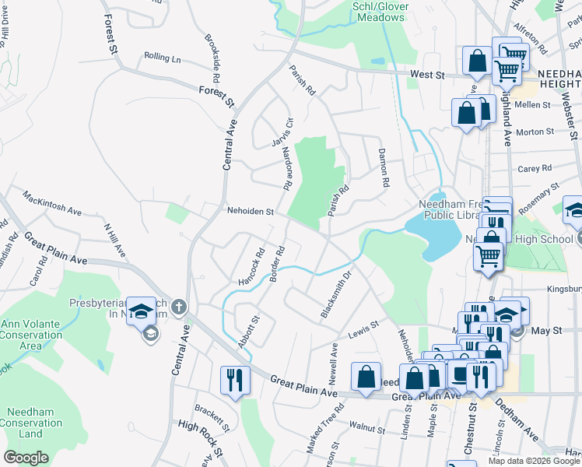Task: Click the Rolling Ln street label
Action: [x=162, y=58]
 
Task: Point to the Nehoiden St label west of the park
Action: [x=251, y=211]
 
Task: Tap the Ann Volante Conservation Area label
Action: [x=31, y=335]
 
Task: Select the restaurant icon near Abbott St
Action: [x=235, y=381]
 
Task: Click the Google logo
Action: [x=26, y=458]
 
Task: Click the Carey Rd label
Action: [x=535, y=168]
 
